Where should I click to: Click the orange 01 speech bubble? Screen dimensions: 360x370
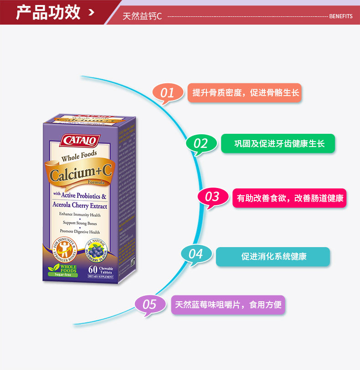coord(167,93)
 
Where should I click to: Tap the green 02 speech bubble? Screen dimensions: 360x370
coord(201,143)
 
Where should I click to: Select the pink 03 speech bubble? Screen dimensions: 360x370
coord(212,197)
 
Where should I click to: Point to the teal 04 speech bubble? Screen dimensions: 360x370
coord(195,253)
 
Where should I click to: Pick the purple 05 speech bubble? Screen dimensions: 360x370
coord(149,304)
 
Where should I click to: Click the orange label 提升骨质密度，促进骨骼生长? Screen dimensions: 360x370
coord(245,93)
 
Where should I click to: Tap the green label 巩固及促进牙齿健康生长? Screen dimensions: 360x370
coord(278,143)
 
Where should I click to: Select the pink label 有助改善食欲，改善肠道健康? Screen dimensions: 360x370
coord(289,198)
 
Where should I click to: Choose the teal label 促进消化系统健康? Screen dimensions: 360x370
coord(273,257)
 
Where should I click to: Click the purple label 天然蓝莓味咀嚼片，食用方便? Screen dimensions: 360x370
coord(228,304)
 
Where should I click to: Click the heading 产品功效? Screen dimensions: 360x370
coord(48,12)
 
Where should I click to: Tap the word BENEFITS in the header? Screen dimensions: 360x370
coord(340,16)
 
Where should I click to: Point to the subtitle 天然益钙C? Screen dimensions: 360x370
coord(142,16)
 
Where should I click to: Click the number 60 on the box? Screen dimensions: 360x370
coord(93,269)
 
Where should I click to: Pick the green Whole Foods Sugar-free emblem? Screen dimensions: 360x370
coord(62,270)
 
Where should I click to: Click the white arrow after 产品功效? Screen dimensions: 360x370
coord(92,12)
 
